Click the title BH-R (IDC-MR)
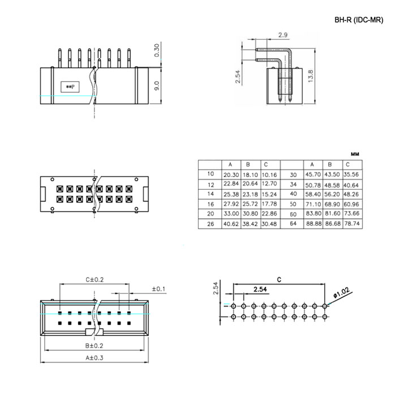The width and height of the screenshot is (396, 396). point(359,20)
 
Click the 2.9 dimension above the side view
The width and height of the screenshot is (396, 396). point(283,35)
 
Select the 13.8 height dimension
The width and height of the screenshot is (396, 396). point(311,76)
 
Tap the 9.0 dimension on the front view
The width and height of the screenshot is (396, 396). point(157,85)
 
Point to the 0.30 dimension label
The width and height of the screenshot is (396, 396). point(157,50)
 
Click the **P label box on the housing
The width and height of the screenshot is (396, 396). point(70,87)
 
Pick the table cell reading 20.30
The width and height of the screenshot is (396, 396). point(231,175)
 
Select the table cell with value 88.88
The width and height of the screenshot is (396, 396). point(313,223)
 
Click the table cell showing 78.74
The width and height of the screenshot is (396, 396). point(351,223)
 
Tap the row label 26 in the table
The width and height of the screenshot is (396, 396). point(210,224)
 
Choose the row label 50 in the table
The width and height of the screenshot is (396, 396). point(293,204)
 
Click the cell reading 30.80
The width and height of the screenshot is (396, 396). point(250,214)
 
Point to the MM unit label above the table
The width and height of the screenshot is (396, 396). point(355,154)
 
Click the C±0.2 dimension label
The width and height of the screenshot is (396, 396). point(94,279)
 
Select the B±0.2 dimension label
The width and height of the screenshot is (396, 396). point(94,346)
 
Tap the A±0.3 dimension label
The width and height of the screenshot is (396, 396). point(94,358)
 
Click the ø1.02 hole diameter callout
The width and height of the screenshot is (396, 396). point(342,292)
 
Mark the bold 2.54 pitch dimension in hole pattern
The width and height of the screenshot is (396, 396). point(260,289)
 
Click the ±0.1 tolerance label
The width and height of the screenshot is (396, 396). point(158,289)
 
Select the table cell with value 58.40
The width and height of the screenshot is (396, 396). point(313,194)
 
